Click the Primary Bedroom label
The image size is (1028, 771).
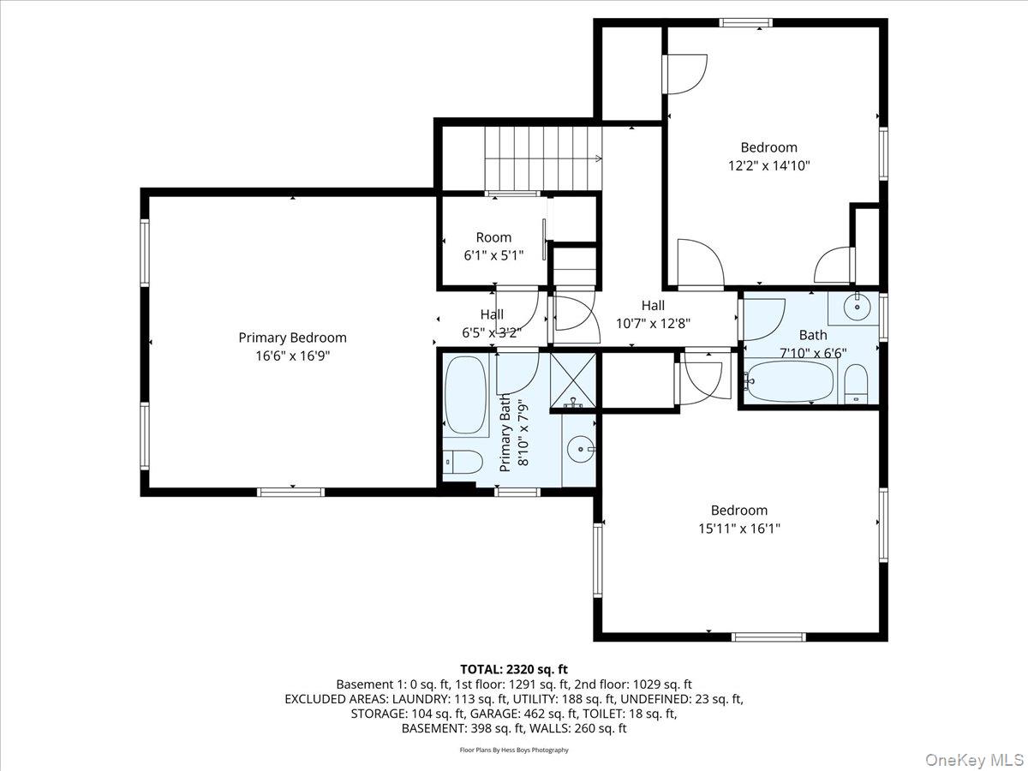(292, 338)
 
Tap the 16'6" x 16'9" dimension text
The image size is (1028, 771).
(292, 356)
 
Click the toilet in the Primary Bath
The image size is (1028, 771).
(463, 462)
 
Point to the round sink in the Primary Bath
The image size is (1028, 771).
(583, 447)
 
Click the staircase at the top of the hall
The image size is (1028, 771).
(542, 158)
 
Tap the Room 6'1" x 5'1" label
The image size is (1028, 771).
(493, 246)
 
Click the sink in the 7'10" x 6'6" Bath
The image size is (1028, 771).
(854, 306)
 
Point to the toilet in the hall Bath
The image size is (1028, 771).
(856, 383)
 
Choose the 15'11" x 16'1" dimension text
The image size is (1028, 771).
(738, 529)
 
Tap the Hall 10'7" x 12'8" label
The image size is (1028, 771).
(653, 314)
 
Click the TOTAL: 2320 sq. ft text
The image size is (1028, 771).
(514, 669)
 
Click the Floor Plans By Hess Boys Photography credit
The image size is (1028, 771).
(514, 750)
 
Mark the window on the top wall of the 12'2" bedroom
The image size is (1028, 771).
(746, 23)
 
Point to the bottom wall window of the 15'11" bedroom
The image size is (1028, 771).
(768, 637)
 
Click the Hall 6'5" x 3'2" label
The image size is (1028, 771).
(492, 323)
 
